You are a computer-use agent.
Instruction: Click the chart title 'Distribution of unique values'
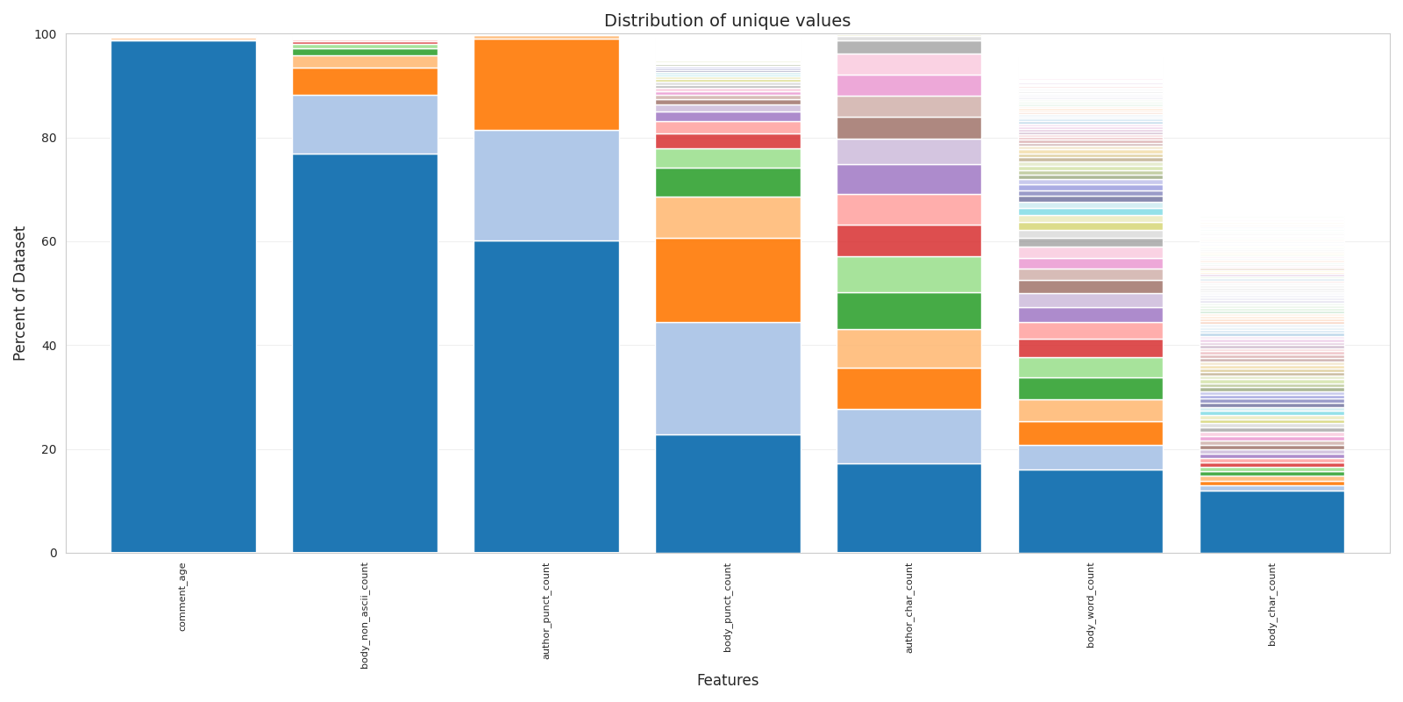[727, 21]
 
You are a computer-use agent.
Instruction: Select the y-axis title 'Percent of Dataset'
[20, 293]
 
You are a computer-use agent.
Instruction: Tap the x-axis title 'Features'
[727, 680]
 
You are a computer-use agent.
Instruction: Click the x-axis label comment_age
[182, 597]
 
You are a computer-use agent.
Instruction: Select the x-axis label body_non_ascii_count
[365, 615]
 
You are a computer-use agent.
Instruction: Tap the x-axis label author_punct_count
[546, 611]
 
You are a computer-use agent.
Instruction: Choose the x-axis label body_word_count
[1091, 605]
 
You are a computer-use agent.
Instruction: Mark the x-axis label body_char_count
[1272, 604]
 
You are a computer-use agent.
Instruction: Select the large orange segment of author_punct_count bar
[546, 84]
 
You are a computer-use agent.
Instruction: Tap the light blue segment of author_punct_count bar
[546, 185]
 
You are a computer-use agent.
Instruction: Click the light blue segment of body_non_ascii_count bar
[365, 125]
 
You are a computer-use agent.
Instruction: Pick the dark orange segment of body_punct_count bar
[728, 280]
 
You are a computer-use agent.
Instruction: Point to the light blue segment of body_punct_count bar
[728, 378]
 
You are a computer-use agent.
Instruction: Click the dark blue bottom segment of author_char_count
[909, 508]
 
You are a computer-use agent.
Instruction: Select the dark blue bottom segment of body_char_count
[1272, 522]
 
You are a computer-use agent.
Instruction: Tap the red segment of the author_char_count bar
[909, 240]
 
